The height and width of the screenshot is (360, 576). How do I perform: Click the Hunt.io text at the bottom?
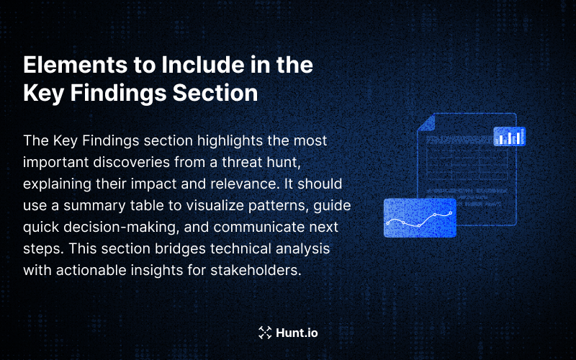[297, 333]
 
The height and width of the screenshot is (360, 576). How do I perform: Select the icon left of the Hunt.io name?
[264, 333]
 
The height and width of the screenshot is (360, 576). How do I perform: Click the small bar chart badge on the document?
[509, 137]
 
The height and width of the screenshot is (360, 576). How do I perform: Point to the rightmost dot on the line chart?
[451, 213]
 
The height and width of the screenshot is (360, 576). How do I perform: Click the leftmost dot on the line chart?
[388, 222]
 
